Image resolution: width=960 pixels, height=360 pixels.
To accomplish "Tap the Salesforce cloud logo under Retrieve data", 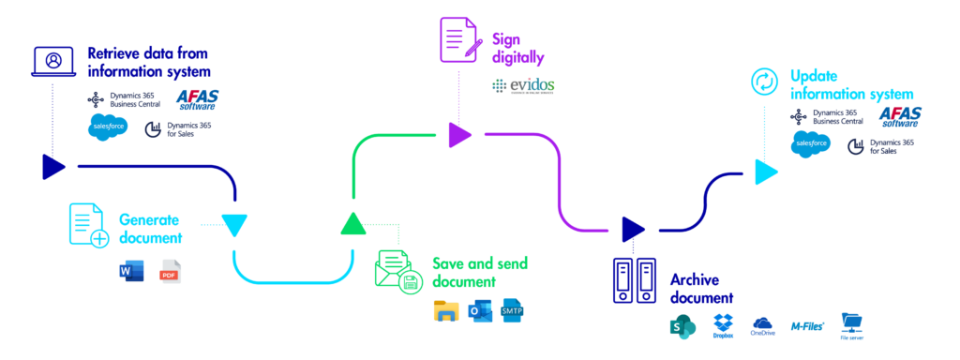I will (x=107, y=127).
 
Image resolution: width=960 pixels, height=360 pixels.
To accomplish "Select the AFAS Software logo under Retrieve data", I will (x=197, y=100).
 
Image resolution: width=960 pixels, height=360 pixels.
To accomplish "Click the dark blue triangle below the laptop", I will (x=53, y=168).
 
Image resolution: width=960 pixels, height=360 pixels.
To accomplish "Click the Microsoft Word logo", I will (x=130, y=272).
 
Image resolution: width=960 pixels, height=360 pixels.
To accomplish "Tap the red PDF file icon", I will (x=170, y=272).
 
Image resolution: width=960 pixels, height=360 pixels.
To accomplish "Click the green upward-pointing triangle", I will (x=352, y=223).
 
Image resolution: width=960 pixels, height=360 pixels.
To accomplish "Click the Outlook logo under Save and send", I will (x=480, y=311).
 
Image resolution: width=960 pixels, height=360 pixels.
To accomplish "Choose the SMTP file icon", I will (x=512, y=310).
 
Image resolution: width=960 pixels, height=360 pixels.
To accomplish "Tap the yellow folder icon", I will (x=446, y=311).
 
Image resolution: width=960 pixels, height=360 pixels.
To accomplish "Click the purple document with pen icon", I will (x=461, y=39).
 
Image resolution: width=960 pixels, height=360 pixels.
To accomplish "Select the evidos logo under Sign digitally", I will (x=523, y=86).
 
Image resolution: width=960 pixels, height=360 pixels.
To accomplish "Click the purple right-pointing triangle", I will (x=458, y=135).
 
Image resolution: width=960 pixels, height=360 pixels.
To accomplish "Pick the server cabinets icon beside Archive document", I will (x=635, y=279).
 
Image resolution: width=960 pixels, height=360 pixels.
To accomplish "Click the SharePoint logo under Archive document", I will (x=680, y=326).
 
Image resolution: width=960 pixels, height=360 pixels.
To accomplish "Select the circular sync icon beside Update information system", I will (x=765, y=82).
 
